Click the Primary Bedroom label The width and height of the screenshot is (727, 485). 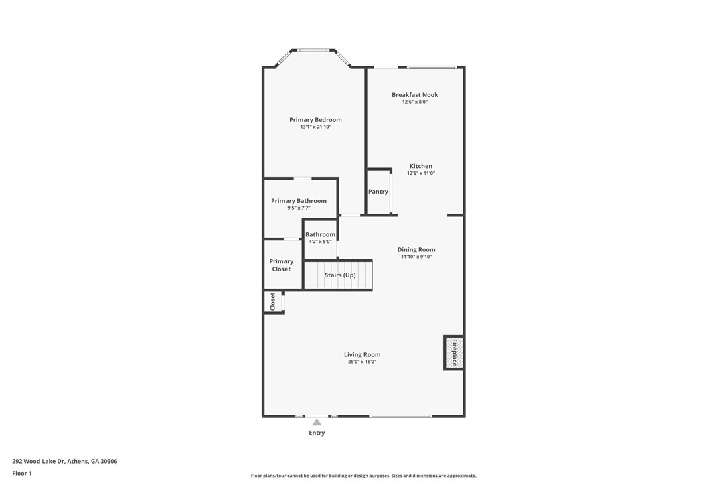(x=315, y=120)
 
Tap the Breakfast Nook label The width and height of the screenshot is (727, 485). (x=414, y=95)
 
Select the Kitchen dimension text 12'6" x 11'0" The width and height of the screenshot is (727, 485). (x=421, y=174)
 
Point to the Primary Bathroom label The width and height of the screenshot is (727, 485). (x=299, y=201)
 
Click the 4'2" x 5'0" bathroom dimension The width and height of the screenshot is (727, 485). (x=320, y=242)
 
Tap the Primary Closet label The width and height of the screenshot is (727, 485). (x=281, y=265)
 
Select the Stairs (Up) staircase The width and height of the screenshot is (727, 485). (x=337, y=275)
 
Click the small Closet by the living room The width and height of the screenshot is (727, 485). (x=273, y=301)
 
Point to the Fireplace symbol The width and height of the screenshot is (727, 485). (x=453, y=353)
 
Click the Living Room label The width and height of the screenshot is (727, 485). (x=362, y=354)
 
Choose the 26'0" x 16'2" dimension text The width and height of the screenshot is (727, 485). (x=362, y=362)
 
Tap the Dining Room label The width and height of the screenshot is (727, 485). (x=416, y=250)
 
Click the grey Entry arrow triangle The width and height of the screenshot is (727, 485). (x=317, y=422)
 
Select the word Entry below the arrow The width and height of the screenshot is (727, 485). (x=317, y=433)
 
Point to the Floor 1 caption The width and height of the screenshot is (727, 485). (x=22, y=474)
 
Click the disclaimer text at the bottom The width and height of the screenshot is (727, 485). (x=363, y=476)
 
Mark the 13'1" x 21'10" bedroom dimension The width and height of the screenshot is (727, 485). (x=315, y=127)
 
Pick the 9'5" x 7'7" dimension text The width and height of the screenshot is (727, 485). (x=299, y=208)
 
